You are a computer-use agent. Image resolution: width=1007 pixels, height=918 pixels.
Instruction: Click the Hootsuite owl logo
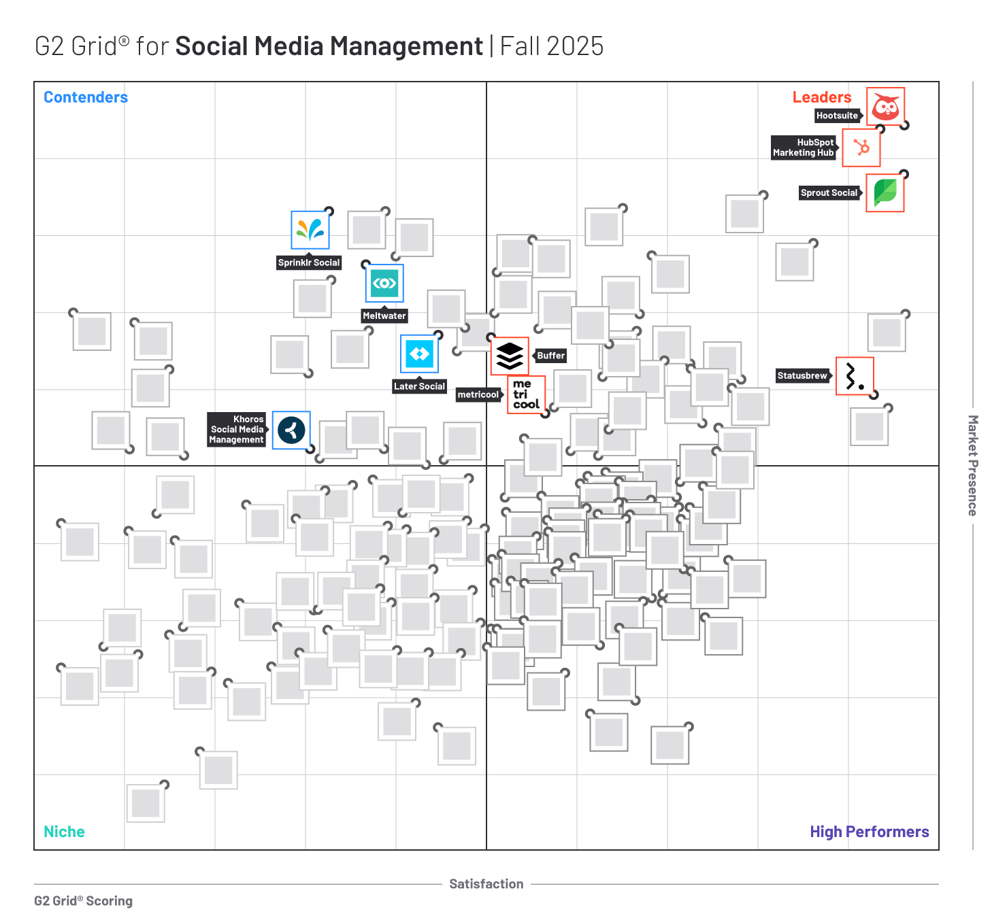885,107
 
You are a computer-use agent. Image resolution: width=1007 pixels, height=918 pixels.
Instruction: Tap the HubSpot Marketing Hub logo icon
861,148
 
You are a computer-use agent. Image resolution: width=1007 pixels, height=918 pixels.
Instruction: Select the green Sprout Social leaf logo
885,192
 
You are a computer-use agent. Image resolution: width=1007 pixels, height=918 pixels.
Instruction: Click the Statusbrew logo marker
854,375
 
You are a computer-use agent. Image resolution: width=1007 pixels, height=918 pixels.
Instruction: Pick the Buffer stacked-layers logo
510,356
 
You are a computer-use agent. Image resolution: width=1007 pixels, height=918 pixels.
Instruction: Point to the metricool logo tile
526,394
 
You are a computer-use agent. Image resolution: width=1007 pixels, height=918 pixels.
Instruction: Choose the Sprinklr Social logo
310,230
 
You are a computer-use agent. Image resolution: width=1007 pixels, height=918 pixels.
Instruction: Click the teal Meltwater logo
384,283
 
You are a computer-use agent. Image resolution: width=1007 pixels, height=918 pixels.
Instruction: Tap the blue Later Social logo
419,354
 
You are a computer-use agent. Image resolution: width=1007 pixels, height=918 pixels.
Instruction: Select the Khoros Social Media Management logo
291,430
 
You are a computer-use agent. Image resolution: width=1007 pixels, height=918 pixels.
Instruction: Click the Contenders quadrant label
86,97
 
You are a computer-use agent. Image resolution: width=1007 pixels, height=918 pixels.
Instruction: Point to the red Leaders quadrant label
821,97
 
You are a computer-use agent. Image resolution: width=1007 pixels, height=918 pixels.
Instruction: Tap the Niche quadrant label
64,832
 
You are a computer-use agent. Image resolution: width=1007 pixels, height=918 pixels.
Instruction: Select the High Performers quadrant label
869,832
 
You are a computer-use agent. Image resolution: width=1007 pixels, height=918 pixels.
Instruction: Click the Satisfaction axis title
486,884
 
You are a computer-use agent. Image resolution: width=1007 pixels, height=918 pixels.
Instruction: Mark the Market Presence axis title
972,466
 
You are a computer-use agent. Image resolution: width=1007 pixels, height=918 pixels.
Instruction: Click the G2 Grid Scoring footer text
83,901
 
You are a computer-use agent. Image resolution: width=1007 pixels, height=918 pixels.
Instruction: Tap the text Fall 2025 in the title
551,46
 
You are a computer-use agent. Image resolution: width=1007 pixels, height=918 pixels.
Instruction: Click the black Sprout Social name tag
829,193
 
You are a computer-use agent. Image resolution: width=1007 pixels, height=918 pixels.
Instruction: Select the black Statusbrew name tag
802,375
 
